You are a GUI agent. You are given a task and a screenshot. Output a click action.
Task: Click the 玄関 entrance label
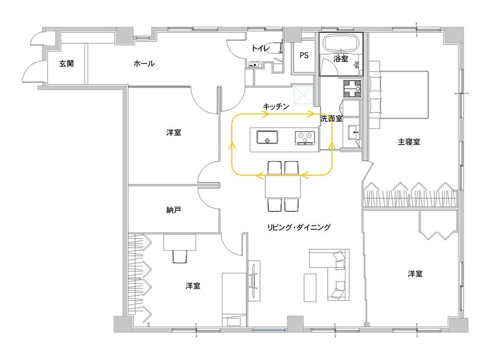[66, 63]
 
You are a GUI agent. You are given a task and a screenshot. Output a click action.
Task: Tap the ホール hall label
[144, 63]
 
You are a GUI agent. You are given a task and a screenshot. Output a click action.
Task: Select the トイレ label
[260, 48]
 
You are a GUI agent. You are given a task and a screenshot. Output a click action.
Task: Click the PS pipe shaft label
[304, 56]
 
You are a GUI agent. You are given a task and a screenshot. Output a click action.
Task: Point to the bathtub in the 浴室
[341, 43]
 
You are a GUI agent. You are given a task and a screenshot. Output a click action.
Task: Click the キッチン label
[276, 107]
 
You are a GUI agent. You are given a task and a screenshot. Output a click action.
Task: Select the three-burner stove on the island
[305, 138]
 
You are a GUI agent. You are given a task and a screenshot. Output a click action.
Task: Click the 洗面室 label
[332, 119]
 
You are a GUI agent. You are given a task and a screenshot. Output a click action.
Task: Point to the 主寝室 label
[408, 142]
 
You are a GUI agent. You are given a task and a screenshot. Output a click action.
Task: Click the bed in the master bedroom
[399, 95]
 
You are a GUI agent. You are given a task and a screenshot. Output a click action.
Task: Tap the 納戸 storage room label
[173, 210]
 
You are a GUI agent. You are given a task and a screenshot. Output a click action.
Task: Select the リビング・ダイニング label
[299, 227]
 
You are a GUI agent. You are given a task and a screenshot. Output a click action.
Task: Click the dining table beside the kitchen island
[283, 187]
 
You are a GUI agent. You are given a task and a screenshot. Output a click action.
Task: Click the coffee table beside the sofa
[310, 288]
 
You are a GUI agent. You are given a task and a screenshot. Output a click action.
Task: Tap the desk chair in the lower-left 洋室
[180, 256]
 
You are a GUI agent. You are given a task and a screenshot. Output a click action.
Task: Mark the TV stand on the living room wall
[254, 280]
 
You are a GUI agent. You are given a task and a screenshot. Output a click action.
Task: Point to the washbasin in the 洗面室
[354, 133]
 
